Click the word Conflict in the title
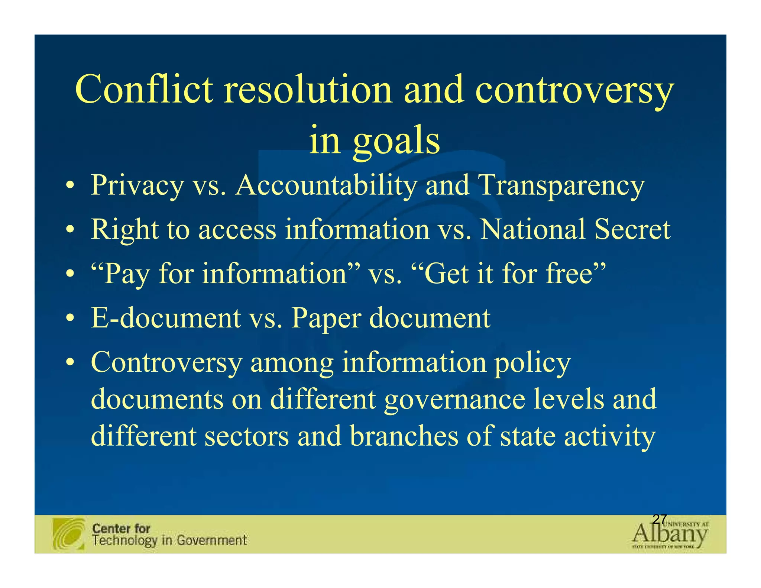coord(144,89)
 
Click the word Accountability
coord(326,185)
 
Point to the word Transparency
coord(561,185)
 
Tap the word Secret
coord(632,229)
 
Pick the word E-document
coord(166,318)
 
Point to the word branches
coord(404,436)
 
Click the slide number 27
coord(660,519)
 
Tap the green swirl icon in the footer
coord(69,534)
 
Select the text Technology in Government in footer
coord(169,540)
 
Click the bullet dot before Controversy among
coord(69,362)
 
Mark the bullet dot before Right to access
coord(69,229)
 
